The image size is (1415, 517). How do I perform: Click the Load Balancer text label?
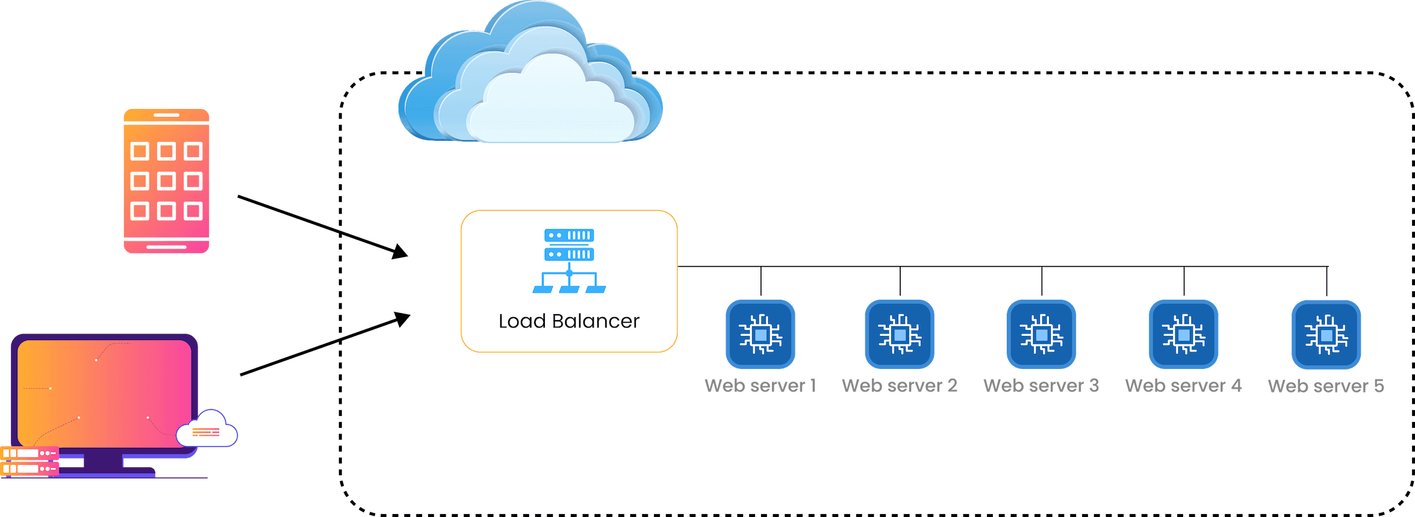coord(568,321)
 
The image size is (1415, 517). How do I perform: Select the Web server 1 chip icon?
coord(760,334)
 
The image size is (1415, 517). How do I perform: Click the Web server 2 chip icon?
coord(900,334)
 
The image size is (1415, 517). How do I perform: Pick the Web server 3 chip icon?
coord(1041,334)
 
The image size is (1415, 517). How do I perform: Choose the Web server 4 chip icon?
coord(1183,334)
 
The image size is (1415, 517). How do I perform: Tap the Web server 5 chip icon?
coord(1326,335)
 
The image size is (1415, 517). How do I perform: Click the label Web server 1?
coord(760,385)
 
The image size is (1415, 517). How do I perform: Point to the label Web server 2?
coord(900,385)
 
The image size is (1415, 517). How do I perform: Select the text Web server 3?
coord(1041,385)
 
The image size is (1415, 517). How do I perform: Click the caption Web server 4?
coord(1183,385)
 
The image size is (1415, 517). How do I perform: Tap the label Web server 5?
coord(1326,386)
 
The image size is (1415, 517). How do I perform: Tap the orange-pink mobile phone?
coord(166,181)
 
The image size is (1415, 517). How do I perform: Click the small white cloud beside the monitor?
coord(207,430)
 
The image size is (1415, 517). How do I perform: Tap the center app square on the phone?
coord(166,181)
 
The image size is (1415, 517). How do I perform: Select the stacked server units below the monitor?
coord(29,460)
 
